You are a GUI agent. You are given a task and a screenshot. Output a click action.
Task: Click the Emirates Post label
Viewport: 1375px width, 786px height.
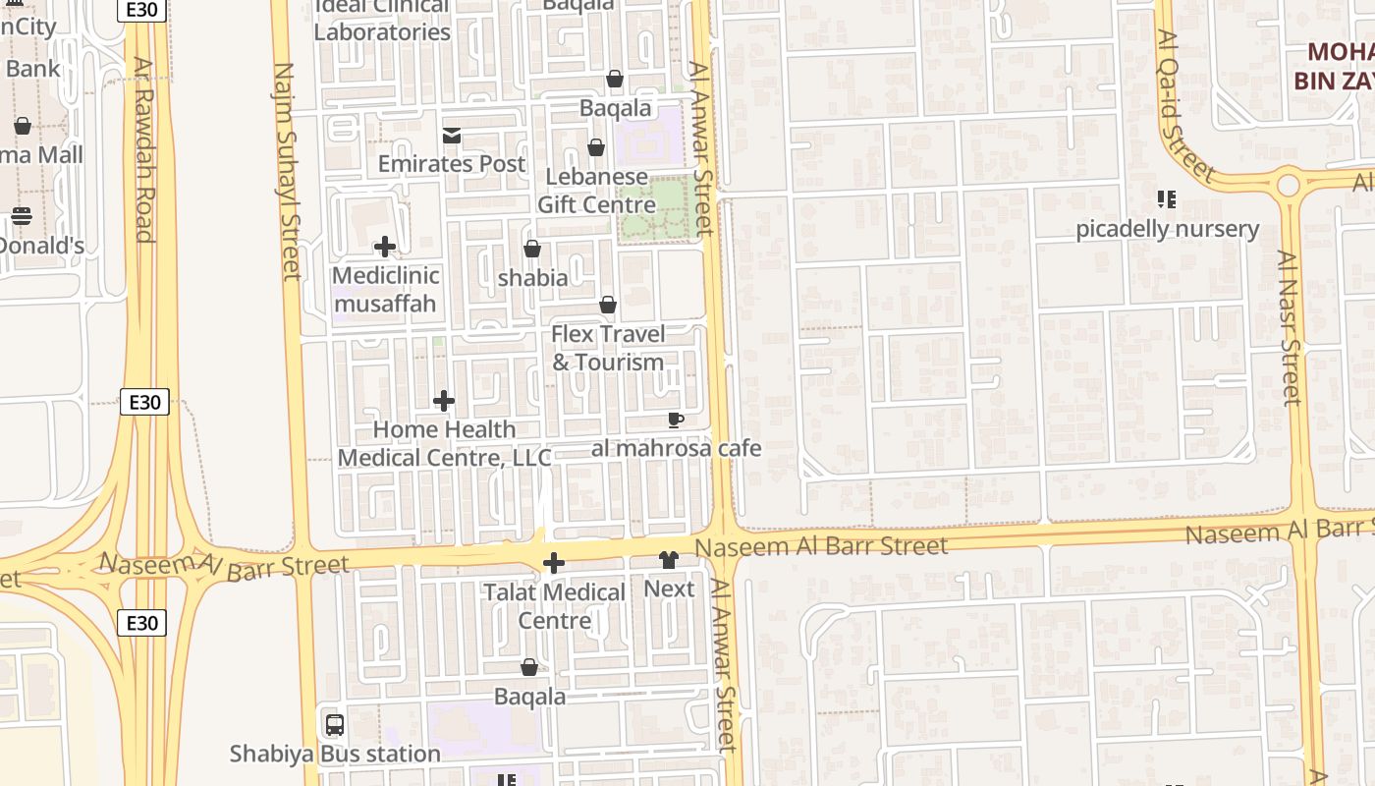coord(452,164)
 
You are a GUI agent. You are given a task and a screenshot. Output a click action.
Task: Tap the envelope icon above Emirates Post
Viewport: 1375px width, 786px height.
coord(452,136)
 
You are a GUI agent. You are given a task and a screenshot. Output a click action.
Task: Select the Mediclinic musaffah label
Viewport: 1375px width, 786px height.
coord(385,289)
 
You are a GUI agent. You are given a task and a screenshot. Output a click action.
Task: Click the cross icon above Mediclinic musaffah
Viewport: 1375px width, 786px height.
coord(385,247)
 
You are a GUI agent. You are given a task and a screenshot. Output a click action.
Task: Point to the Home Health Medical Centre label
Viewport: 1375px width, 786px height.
coord(444,443)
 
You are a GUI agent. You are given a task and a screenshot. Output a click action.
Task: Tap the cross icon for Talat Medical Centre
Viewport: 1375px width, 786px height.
coord(554,563)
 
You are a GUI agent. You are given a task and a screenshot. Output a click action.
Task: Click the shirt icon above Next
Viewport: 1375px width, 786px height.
coord(669,560)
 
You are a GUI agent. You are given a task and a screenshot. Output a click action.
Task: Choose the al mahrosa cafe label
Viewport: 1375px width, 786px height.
coord(676,449)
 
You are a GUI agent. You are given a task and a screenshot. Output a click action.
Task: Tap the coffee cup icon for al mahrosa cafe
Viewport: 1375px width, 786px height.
coord(676,420)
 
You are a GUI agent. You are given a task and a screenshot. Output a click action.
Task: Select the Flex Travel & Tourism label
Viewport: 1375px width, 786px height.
coord(608,348)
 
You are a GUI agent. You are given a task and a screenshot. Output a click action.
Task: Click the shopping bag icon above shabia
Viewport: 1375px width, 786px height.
coord(532,249)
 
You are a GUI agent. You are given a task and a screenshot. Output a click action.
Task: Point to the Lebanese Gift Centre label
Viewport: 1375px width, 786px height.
coord(596,191)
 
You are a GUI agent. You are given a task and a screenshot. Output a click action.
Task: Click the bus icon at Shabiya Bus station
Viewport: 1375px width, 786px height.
coord(335,725)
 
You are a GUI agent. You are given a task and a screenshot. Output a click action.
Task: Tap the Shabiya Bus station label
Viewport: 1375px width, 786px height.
coord(335,755)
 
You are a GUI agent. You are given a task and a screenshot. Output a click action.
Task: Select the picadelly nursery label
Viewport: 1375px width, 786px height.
coord(1167,229)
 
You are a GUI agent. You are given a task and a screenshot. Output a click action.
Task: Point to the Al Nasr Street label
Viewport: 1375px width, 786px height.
coord(1291,327)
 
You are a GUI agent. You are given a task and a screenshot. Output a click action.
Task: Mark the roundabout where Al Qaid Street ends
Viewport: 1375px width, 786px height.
coord(1288,184)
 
